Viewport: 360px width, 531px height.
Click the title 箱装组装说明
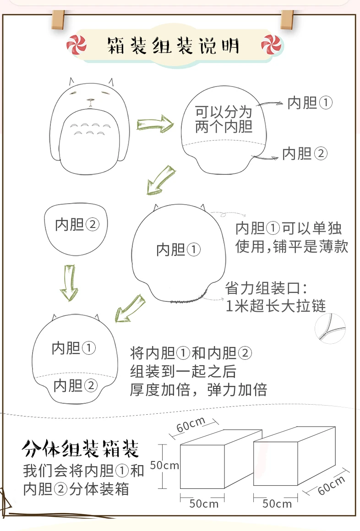pyautogui.click(x=173, y=46)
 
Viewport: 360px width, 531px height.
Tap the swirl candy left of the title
pyautogui.click(x=76, y=45)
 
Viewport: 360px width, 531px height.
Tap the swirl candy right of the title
pyautogui.click(x=271, y=45)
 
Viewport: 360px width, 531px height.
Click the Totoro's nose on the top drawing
pyautogui.click(x=91, y=100)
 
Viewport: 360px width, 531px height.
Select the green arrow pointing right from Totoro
pyautogui.click(x=155, y=124)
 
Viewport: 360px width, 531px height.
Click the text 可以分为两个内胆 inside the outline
pyautogui.click(x=224, y=119)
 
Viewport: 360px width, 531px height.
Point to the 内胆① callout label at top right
pyautogui.click(x=310, y=103)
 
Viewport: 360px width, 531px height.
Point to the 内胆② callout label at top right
pyautogui.click(x=305, y=153)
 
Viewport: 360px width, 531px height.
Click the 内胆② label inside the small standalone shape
pyautogui.click(x=77, y=224)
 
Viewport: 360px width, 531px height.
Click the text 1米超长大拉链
pyautogui.click(x=276, y=306)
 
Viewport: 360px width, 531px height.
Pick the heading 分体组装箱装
pyautogui.click(x=80, y=449)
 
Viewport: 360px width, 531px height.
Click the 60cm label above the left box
pyautogui.click(x=191, y=424)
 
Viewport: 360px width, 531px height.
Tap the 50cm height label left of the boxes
pyautogui.click(x=164, y=465)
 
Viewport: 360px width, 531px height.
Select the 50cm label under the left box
pyautogui.click(x=203, y=504)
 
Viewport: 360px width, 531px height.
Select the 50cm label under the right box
pyautogui.click(x=277, y=504)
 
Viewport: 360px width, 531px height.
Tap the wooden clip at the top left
pyautogui.click(x=58, y=19)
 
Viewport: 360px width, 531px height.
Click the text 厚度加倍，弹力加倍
pyautogui.click(x=199, y=390)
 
